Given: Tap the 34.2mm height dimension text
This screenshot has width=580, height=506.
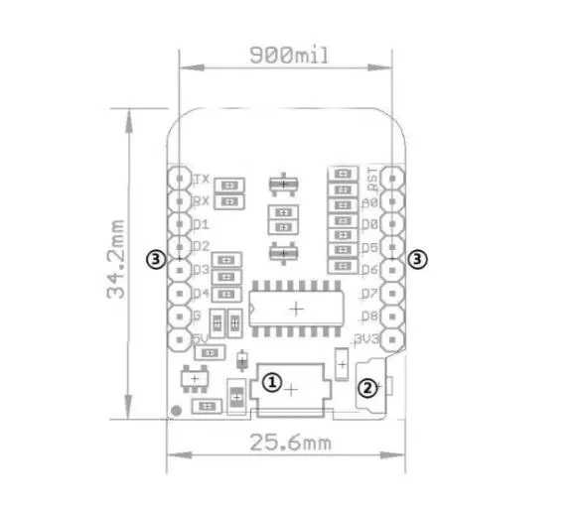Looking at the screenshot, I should tap(117, 260).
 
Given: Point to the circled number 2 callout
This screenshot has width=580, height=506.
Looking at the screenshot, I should tap(366, 388).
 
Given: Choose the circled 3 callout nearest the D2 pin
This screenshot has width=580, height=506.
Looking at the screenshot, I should tap(154, 259).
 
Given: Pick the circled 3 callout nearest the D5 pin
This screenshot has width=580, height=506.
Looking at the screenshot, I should tap(419, 259).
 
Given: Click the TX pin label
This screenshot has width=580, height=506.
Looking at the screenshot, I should tap(202, 180).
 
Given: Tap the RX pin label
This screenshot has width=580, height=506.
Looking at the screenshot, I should tap(201, 202).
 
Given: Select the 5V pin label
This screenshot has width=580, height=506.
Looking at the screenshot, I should tap(200, 339).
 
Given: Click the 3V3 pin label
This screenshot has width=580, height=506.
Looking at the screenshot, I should tap(368, 339).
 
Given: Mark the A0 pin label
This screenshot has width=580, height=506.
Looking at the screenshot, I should tap(369, 202).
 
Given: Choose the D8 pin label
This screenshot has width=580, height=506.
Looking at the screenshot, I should tap(369, 316).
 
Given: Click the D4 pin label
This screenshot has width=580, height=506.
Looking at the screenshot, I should tap(201, 294).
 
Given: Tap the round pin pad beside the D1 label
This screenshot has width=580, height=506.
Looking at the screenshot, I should tap(179, 225).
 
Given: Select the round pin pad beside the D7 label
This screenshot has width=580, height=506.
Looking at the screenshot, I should tap(394, 294).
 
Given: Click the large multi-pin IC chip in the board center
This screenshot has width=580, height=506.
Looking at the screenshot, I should tap(296, 308).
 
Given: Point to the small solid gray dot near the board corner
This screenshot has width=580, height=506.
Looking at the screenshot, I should tap(176, 410).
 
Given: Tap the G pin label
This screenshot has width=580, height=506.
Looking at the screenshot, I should tap(197, 316).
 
